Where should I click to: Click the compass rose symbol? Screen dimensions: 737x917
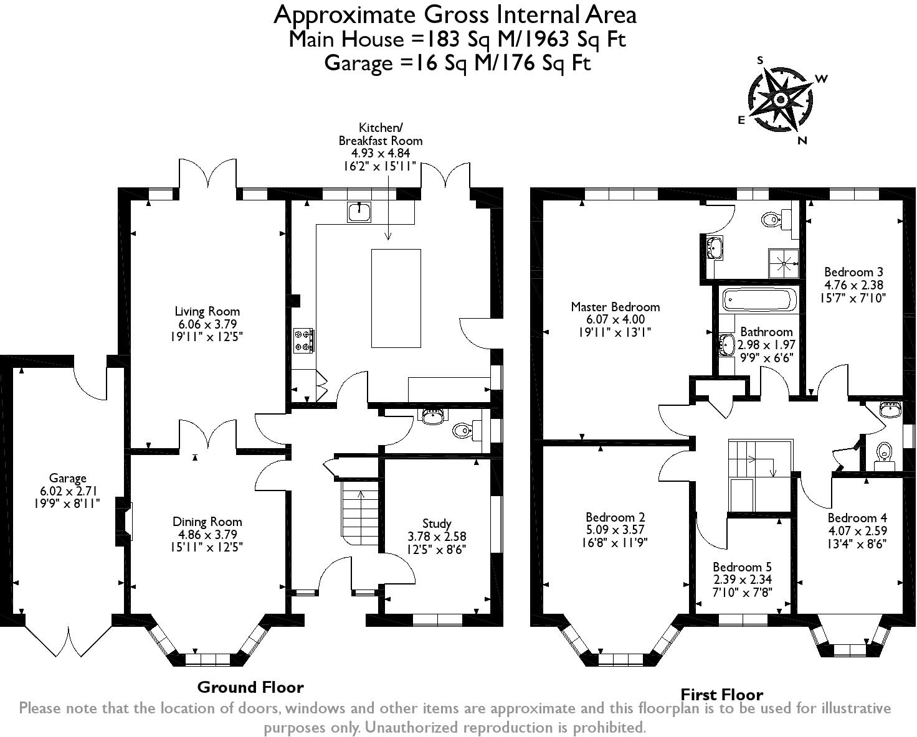pos(781,100)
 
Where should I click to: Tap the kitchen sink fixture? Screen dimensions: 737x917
pos(359,212)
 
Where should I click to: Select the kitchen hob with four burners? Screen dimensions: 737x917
pos(304,341)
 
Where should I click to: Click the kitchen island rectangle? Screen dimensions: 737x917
pos(396,298)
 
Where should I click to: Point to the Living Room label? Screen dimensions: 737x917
pos(207,311)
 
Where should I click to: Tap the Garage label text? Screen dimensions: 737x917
pos(67,478)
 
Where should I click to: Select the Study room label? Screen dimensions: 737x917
pos(436,523)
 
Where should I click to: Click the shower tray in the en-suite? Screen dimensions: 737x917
pos(784,263)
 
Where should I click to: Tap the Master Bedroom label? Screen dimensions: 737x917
pos(615,307)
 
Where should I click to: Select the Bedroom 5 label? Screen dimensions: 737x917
pos(742,567)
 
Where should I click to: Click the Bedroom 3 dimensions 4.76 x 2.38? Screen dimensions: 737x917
pos(853,285)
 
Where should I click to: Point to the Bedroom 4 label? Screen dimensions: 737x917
pos(857,518)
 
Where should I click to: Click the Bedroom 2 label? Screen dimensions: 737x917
pos(615,517)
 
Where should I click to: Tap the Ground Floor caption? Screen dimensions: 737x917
pos(250,687)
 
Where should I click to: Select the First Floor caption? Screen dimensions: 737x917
pos(721,695)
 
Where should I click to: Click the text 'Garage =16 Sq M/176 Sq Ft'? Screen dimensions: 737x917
pos(457,63)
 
